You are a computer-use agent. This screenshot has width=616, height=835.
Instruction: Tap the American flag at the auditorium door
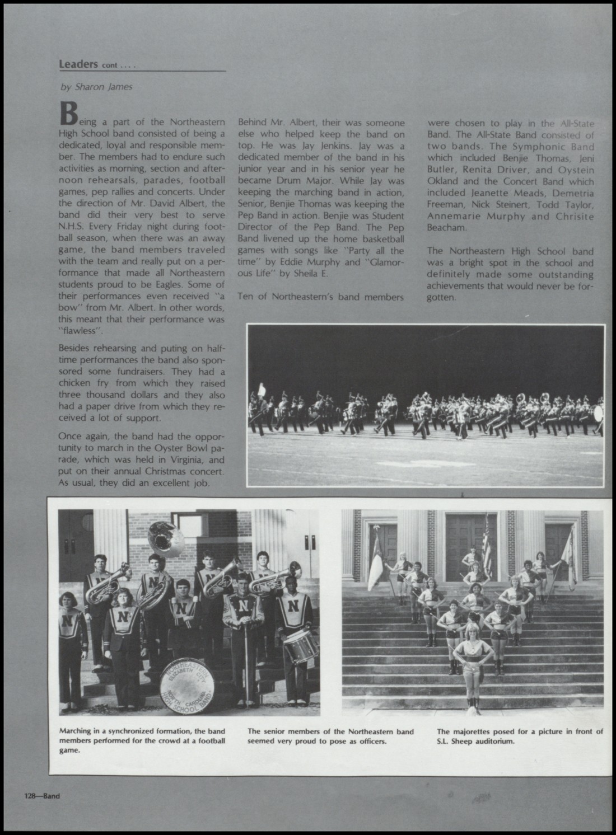[487, 541]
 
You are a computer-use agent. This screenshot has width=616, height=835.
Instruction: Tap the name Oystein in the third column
[575, 170]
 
